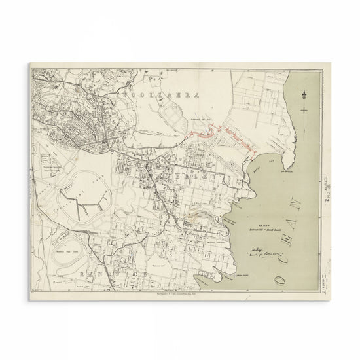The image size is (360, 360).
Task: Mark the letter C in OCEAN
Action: tap(283, 243)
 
